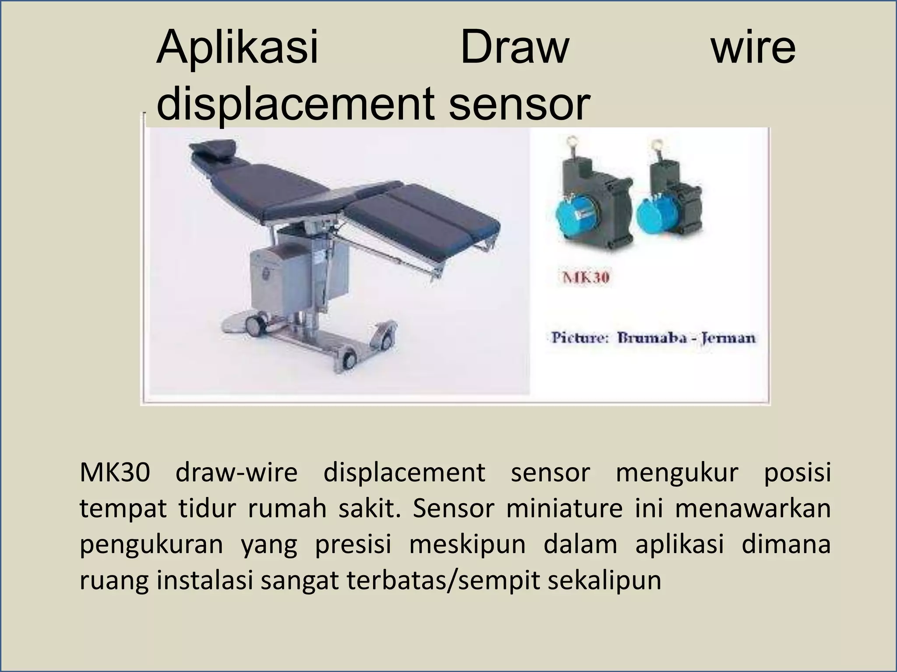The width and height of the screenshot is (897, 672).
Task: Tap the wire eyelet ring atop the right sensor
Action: tap(657, 145)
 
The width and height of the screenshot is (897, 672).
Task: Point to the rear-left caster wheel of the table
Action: tap(254, 324)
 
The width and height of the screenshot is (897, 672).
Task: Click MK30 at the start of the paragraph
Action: tap(115, 473)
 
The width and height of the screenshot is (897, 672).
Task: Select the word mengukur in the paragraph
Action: tap(677, 473)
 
